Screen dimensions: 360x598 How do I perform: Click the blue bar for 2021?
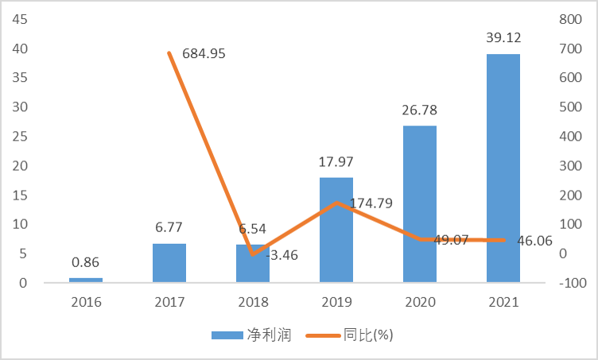[503, 168]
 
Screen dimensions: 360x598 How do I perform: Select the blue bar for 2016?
[85, 279]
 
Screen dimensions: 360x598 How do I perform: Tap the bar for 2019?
[336, 230]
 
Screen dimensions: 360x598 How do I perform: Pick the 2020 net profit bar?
[420, 203]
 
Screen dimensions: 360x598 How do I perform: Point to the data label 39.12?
[503, 37]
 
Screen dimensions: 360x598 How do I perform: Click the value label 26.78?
[420, 110]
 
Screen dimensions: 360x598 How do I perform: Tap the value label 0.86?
[85, 261]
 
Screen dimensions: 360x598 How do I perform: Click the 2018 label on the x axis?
[253, 302]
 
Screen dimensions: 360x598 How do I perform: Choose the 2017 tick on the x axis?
[169, 302]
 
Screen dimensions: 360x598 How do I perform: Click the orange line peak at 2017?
[169, 53]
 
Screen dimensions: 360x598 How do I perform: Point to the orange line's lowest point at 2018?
[253, 254]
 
